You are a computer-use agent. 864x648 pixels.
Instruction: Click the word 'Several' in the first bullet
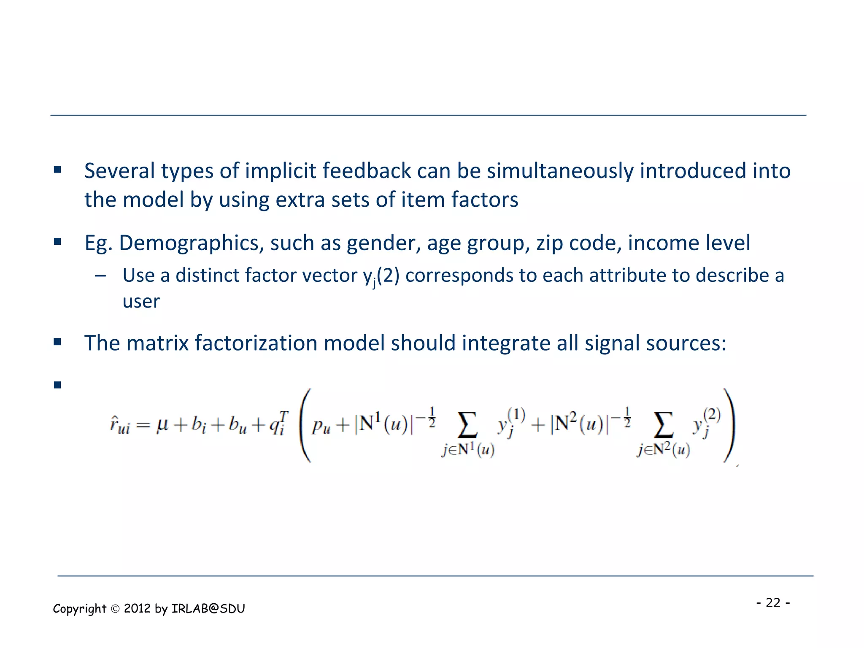(x=119, y=171)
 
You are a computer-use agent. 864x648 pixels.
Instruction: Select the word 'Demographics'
(x=192, y=243)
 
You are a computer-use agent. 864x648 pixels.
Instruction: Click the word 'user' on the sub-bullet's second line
(x=141, y=301)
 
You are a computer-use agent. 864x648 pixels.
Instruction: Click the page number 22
(x=773, y=602)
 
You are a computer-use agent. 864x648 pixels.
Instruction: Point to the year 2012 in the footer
(x=137, y=608)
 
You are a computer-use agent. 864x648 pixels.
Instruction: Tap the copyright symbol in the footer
(x=115, y=609)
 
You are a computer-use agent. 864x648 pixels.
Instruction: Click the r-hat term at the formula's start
(x=119, y=425)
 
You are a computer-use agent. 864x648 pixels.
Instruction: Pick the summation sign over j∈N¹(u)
(x=467, y=424)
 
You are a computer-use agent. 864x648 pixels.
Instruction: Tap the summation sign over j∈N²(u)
(x=663, y=424)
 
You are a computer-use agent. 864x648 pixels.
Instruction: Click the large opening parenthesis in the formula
(x=305, y=425)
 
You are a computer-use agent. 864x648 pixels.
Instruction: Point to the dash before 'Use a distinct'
(x=100, y=276)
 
